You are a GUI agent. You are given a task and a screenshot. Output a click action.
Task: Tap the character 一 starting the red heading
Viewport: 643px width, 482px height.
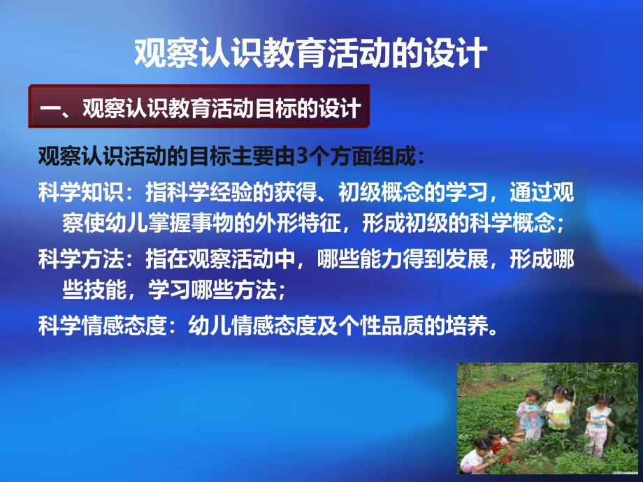pyautogui.click(x=51, y=108)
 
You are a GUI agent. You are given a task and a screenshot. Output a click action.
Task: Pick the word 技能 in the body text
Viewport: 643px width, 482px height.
pyautogui.click(x=105, y=291)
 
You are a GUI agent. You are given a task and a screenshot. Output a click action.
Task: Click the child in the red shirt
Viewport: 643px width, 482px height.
pyautogui.click(x=498, y=446)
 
